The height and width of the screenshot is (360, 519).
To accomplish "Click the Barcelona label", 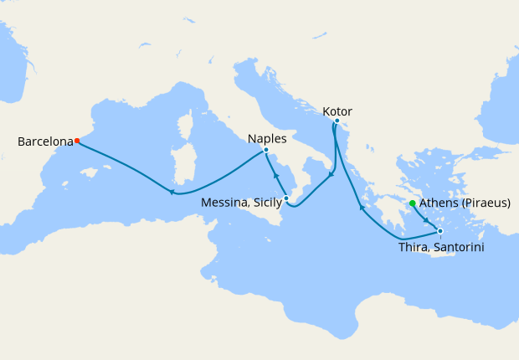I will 44,141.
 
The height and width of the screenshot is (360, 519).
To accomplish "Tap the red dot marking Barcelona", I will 77,141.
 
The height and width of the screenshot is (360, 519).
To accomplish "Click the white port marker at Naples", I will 266,150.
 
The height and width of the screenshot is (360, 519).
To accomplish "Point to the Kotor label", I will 337,111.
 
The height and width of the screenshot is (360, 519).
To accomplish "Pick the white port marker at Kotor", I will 337,121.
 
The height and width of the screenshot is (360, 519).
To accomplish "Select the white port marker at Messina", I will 286,198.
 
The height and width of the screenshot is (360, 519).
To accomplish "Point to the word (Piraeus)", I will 486,203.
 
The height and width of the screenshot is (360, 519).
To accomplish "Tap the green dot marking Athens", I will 413,203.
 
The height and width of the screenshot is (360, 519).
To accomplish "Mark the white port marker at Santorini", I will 440,230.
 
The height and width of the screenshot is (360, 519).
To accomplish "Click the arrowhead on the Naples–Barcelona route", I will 172,193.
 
